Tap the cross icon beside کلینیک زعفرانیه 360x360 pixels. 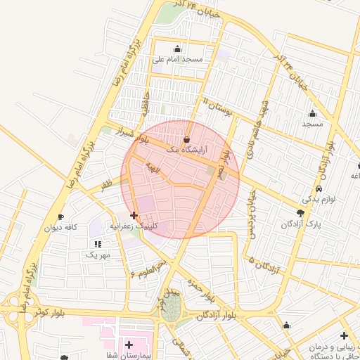click(134, 216)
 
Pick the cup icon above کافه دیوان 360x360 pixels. click(60, 217)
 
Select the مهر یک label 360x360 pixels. click(98, 254)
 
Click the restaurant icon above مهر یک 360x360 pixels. click(97, 243)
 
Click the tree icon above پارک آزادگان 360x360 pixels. click(301, 213)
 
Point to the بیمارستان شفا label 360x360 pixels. click(129, 356)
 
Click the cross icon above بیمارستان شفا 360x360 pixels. click(129, 345)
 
